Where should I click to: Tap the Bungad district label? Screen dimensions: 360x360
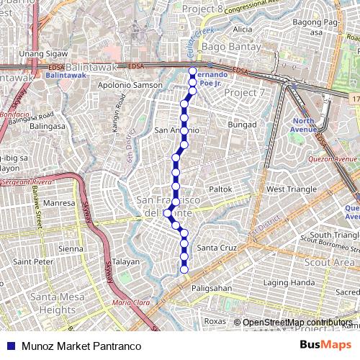tap(242, 125)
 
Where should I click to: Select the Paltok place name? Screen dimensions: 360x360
tap(220, 189)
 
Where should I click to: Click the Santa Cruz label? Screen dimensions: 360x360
tap(217, 248)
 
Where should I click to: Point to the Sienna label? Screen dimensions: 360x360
tap(71, 248)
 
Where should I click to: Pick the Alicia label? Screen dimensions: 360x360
tap(243, 30)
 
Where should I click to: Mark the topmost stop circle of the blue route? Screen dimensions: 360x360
tap(192, 71)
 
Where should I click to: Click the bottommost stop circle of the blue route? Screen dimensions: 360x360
tap(184, 269)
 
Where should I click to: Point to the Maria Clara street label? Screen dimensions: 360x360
tap(126, 302)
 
